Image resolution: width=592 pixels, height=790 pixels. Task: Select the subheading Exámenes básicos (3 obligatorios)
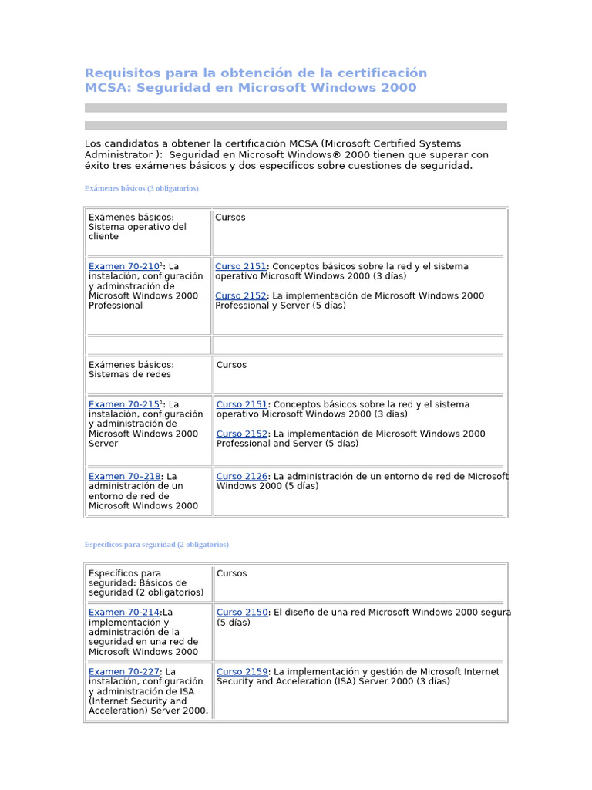[x=141, y=188]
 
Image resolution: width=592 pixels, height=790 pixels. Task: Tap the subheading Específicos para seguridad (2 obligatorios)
[x=156, y=545]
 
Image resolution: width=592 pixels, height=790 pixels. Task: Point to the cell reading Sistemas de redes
[x=129, y=375]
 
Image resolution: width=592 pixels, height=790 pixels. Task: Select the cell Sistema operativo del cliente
[x=137, y=227]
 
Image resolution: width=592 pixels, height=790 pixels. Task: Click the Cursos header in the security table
[x=231, y=573]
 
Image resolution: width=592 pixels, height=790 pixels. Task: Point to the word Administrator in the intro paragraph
[x=119, y=155]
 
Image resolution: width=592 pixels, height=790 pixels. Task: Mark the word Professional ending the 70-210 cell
[x=116, y=306]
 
